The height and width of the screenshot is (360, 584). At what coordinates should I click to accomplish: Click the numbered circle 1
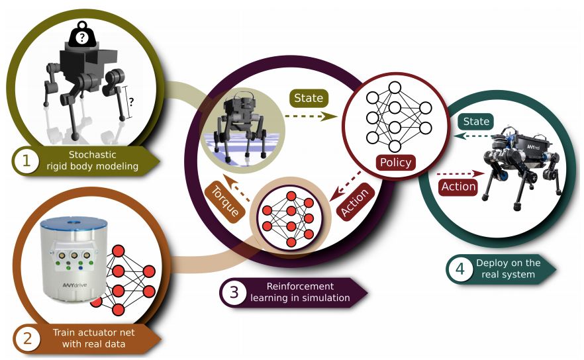pos(27,159)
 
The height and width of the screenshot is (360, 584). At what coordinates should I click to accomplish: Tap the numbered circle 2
pos(27,338)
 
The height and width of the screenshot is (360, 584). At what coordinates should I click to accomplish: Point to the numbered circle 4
pos(460,269)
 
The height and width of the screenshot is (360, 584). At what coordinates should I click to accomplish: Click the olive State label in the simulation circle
pos(308,98)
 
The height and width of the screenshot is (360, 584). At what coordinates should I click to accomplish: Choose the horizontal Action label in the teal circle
pos(458,187)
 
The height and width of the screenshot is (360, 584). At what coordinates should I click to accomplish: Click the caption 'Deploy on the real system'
pos(508,269)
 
